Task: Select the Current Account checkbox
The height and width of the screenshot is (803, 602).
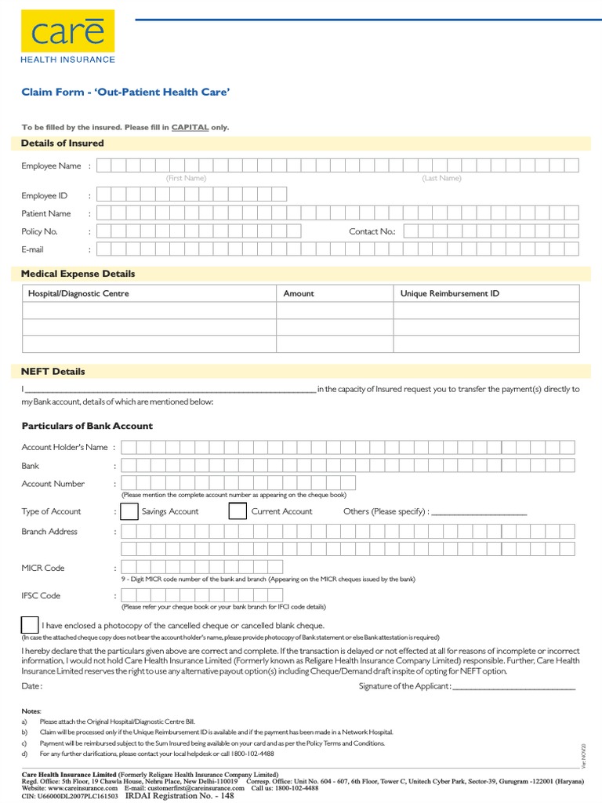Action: (x=238, y=511)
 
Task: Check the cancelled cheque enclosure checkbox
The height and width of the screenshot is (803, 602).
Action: (x=30, y=625)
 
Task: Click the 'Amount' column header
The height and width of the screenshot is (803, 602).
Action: (x=299, y=293)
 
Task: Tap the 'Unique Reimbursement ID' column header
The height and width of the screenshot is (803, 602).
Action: (x=449, y=293)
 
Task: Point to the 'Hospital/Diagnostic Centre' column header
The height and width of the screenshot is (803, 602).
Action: (x=78, y=293)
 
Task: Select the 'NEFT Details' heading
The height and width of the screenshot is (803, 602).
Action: (x=53, y=372)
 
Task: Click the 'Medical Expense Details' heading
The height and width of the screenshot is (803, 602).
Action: (x=78, y=274)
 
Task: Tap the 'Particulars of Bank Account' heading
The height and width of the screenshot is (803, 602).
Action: (x=87, y=426)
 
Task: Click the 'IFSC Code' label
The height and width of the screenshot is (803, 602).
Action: (x=41, y=596)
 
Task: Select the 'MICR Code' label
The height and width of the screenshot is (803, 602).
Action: (x=43, y=568)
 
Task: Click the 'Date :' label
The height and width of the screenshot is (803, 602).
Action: (x=31, y=686)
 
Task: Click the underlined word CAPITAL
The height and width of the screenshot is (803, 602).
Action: (x=190, y=127)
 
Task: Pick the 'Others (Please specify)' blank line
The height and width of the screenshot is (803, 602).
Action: (x=479, y=513)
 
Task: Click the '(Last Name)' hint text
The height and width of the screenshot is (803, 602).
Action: (x=441, y=178)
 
